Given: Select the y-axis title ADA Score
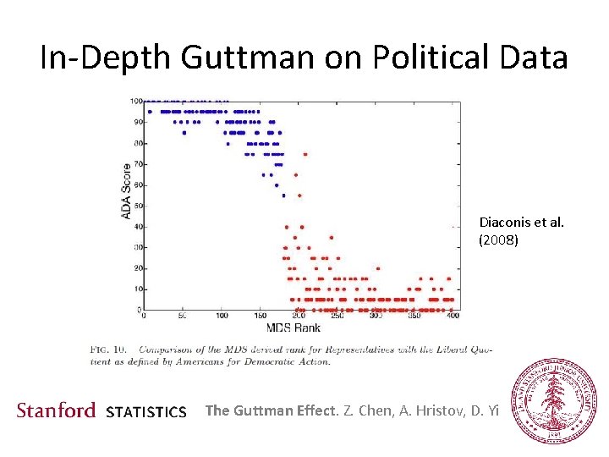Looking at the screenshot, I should click(127, 190).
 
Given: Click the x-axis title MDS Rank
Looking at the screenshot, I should click(294, 328).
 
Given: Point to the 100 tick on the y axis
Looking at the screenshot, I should click(135, 102).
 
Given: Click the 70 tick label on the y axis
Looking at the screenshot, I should click(137, 164).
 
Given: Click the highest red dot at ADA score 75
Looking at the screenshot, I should click(305, 154).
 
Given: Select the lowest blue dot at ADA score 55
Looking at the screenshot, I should click(283, 195).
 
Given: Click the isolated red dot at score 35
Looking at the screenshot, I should click(332, 237).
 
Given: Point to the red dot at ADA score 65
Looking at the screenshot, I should click(296, 174).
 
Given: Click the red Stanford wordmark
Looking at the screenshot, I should click(57, 410).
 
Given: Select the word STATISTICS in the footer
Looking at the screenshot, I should click(146, 412).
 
